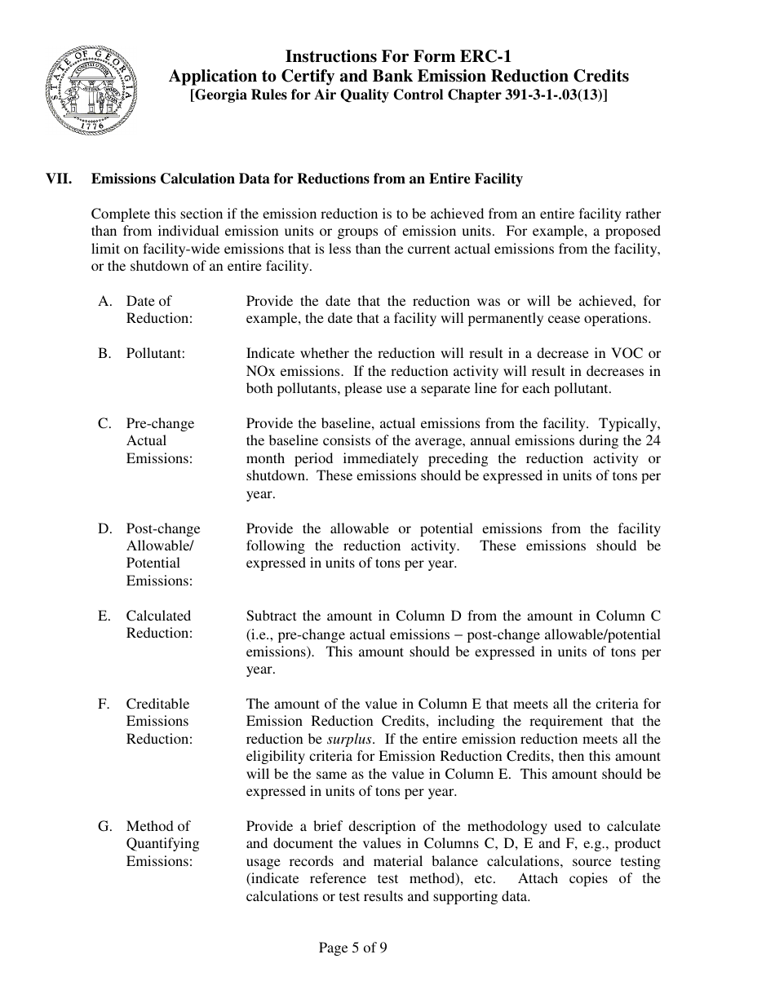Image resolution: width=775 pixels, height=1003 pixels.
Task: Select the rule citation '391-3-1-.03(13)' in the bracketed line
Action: pyautogui.click(x=555, y=95)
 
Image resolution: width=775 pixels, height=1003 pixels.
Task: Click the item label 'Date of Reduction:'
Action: pyautogui.click(x=159, y=310)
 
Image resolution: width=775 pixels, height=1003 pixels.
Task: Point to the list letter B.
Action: pyautogui.click(x=104, y=353)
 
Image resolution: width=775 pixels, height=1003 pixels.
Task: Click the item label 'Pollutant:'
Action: pyautogui.click(x=155, y=353)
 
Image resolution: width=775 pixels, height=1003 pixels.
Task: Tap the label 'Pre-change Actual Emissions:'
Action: pyautogui.click(x=160, y=440)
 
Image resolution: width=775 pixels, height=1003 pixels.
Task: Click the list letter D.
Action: pyautogui.click(x=104, y=528)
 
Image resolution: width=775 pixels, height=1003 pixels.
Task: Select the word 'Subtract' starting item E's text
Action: pyautogui.click(x=271, y=616)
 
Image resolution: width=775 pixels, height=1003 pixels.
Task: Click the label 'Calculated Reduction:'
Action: pyautogui.click(x=159, y=625)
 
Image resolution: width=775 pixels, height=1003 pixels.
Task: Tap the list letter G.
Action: pyautogui.click(x=104, y=826)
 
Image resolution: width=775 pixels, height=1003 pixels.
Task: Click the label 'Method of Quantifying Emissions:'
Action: pyautogui.click(x=162, y=843)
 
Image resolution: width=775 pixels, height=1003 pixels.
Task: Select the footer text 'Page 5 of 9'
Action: pyautogui.click(x=352, y=948)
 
